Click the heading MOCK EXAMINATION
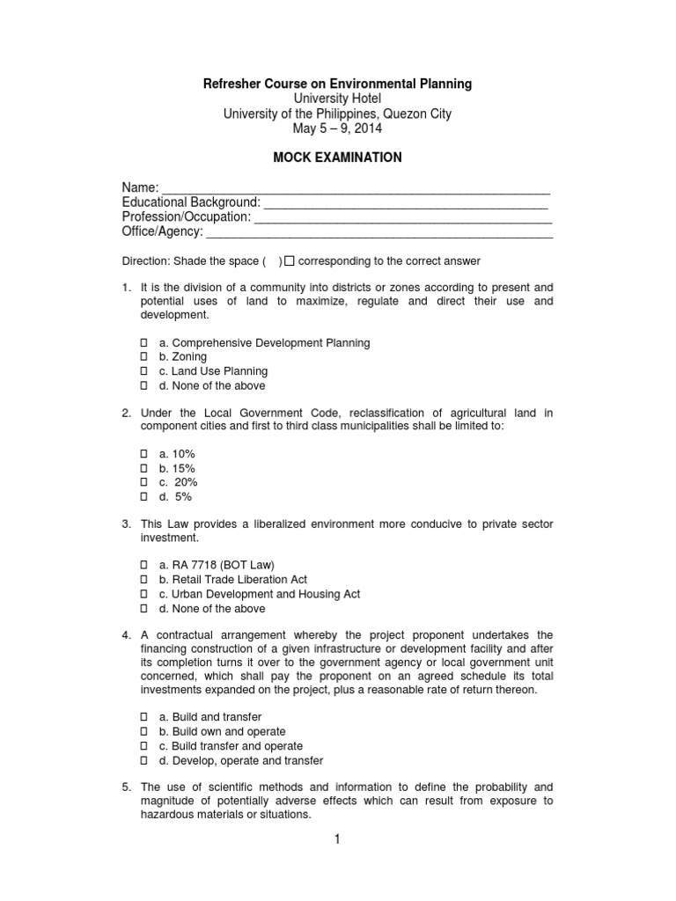[x=338, y=157]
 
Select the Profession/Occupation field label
[x=186, y=217]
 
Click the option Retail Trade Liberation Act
[x=226, y=580]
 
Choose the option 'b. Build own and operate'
[x=222, y=731]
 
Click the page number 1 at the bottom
[x=336, y=840]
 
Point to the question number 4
[x=127, y=635]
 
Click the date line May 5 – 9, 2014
[x=338, y=128]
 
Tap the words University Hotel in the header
[x=338, y=99]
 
